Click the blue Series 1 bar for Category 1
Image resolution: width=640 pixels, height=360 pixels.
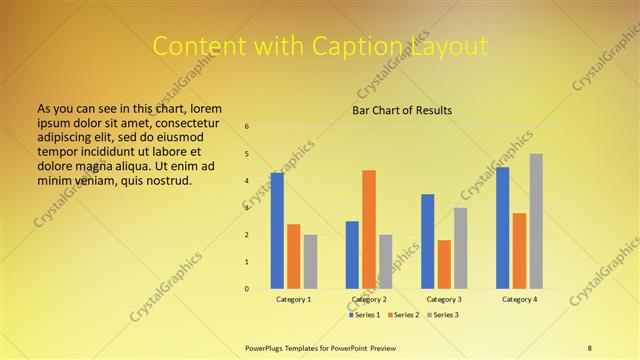[x=277, y=231]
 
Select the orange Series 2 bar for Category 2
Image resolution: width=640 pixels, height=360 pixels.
[x=369, y=230]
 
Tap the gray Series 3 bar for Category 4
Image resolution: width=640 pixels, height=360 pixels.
[x=536, y=221]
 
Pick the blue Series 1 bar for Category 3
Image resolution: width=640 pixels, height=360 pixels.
[x=428, y=241]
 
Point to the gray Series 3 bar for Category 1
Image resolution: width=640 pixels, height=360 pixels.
[x=310, y=262]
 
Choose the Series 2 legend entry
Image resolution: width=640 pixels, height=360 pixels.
[x=404, y=315]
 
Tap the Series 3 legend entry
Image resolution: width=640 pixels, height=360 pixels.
[x=443, y=315]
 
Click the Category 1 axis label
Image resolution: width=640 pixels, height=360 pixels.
[x=294, y=299]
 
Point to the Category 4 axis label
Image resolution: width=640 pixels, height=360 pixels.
[x=520, y=299]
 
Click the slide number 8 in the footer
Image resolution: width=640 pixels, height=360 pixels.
[x=590, y=347]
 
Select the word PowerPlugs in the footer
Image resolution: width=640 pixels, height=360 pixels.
[x=265, y=347]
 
